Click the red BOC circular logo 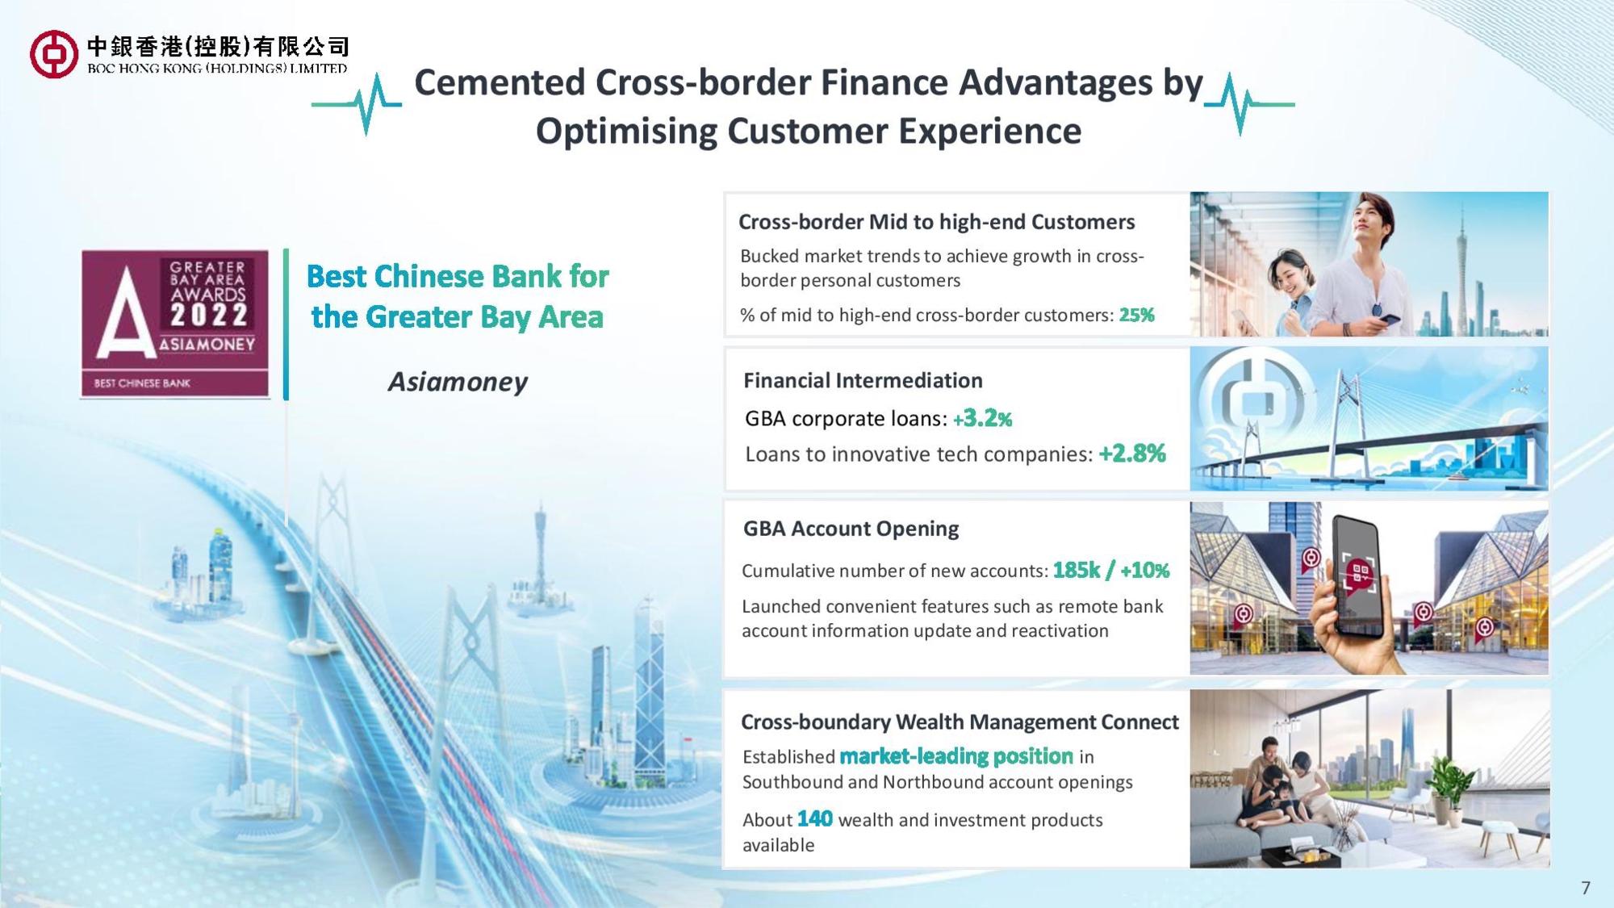53,55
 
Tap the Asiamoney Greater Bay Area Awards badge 174,324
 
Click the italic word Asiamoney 458,382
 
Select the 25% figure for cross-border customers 1136,315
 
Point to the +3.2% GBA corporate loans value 982,418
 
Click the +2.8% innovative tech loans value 1132,454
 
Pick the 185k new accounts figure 1077,571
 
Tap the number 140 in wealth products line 814,819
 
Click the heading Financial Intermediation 863,380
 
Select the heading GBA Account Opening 851,529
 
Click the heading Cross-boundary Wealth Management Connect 960,722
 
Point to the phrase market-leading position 956,756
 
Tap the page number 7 1586,888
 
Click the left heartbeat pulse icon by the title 357,104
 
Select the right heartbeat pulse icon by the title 1248,104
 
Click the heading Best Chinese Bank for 458,276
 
